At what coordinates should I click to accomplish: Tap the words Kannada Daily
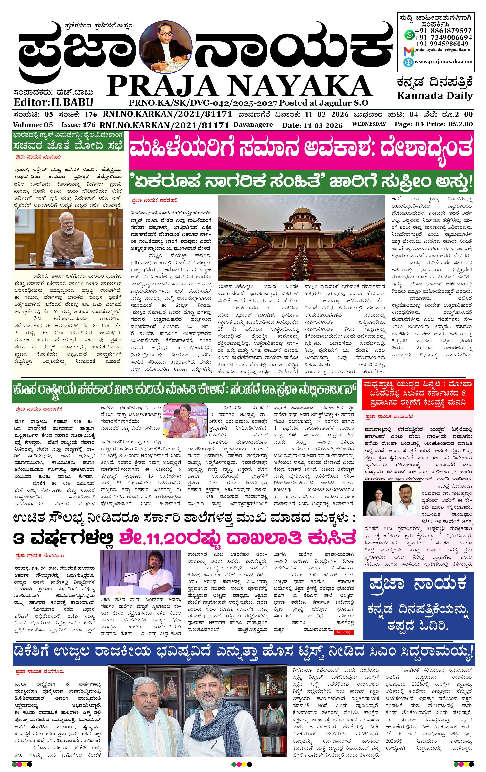click(x=435, y=96)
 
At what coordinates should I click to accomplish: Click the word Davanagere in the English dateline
click(x=253, y=124)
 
